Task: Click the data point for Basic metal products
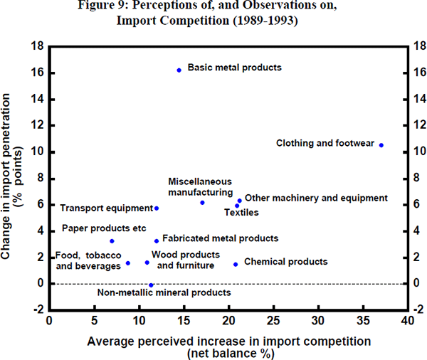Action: point(179,70)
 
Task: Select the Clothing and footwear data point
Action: point(381,145)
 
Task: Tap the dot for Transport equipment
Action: point(157,208)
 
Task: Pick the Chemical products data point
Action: point(236,265)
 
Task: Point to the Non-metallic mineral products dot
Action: point(151,285)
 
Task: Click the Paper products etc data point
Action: point(112,241)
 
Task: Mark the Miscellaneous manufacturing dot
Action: point(202,203)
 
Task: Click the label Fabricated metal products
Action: point(220,239)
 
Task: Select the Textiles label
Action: point(241,212)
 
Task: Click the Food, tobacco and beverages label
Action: point(88,260)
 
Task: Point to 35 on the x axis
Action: point(361,321)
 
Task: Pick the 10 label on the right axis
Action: point(416,152)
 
